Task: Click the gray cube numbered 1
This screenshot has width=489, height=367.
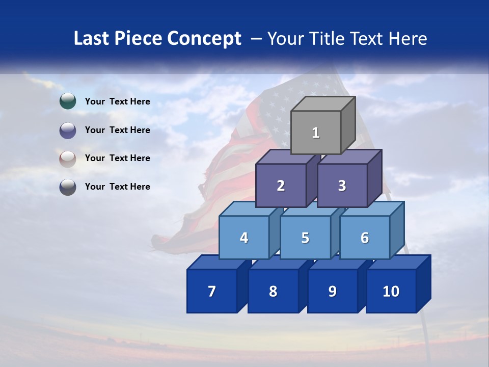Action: click(316, 133)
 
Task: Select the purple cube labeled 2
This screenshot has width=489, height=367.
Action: click(281, 186)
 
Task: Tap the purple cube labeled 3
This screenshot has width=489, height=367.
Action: click(342, 186)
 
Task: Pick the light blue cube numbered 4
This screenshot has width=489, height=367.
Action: click(244, 238)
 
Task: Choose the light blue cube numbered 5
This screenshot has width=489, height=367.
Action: click(305, 238)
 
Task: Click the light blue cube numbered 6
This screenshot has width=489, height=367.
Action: click(365, 238)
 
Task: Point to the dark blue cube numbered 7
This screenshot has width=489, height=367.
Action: click(212, 291)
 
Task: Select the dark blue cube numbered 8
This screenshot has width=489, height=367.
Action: click(273, 291)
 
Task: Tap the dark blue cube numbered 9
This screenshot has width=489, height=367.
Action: click(332, 291)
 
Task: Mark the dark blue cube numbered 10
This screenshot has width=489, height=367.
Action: click(391, 291)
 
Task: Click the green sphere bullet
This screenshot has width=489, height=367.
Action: click(68, 101)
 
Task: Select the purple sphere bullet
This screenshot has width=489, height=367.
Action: click(68, 130)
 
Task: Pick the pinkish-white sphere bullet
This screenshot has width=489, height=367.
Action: click(68, 159)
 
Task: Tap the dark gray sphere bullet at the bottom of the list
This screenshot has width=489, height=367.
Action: click(68, 187)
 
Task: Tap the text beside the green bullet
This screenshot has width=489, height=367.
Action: click(118, 101)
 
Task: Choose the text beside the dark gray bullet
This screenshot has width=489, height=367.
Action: click(118, 187)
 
